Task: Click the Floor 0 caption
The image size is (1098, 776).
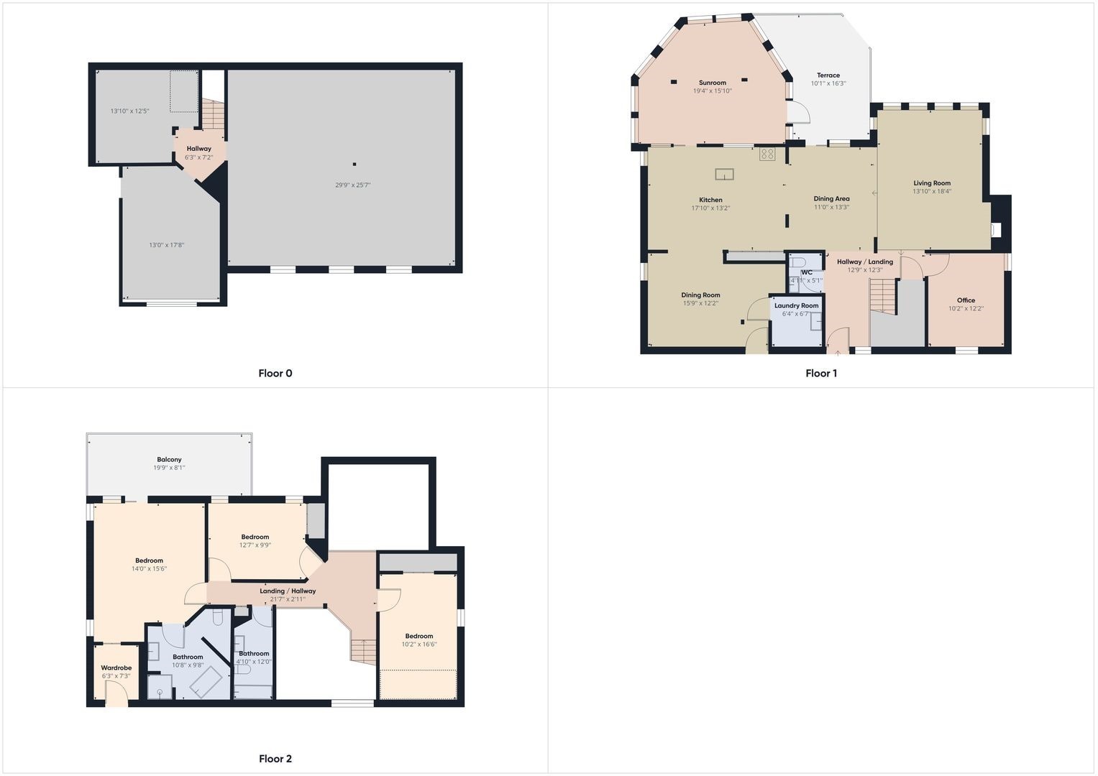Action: (x=275, y=374)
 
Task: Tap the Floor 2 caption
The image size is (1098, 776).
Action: (x=275, y=759)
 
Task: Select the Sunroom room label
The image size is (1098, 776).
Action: (x=713, y=83)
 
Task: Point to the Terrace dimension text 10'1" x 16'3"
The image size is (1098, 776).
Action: (x=828, y=84)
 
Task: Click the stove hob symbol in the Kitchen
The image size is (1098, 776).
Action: (x=768, y=154)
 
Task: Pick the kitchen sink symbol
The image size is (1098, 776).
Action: (x=725, y=174)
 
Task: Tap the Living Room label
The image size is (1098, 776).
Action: (x=932, y=183)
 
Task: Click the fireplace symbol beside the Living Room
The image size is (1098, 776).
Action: (x=997, y=230)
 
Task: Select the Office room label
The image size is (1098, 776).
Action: (x=966, y=300)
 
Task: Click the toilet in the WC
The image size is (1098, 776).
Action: (x=797, y=261)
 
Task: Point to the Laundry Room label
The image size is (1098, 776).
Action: (x=797, y=305)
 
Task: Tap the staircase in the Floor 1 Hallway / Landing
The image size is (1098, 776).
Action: (x=883, y=296)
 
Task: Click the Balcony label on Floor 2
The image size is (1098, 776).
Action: (x=169, y=460)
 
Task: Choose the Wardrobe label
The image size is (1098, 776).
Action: (x=116, y=668)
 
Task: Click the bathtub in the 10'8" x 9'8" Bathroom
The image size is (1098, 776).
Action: (x=206, y=682)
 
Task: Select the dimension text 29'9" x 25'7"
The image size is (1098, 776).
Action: (x=353, y=185)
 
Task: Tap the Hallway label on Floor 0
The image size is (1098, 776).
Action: (x=199, y=149)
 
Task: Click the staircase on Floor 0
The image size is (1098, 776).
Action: (x=213, y=114)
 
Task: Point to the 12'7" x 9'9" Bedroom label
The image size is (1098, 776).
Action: (x=255, y=537)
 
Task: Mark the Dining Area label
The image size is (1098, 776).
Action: (x=831, y=199)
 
